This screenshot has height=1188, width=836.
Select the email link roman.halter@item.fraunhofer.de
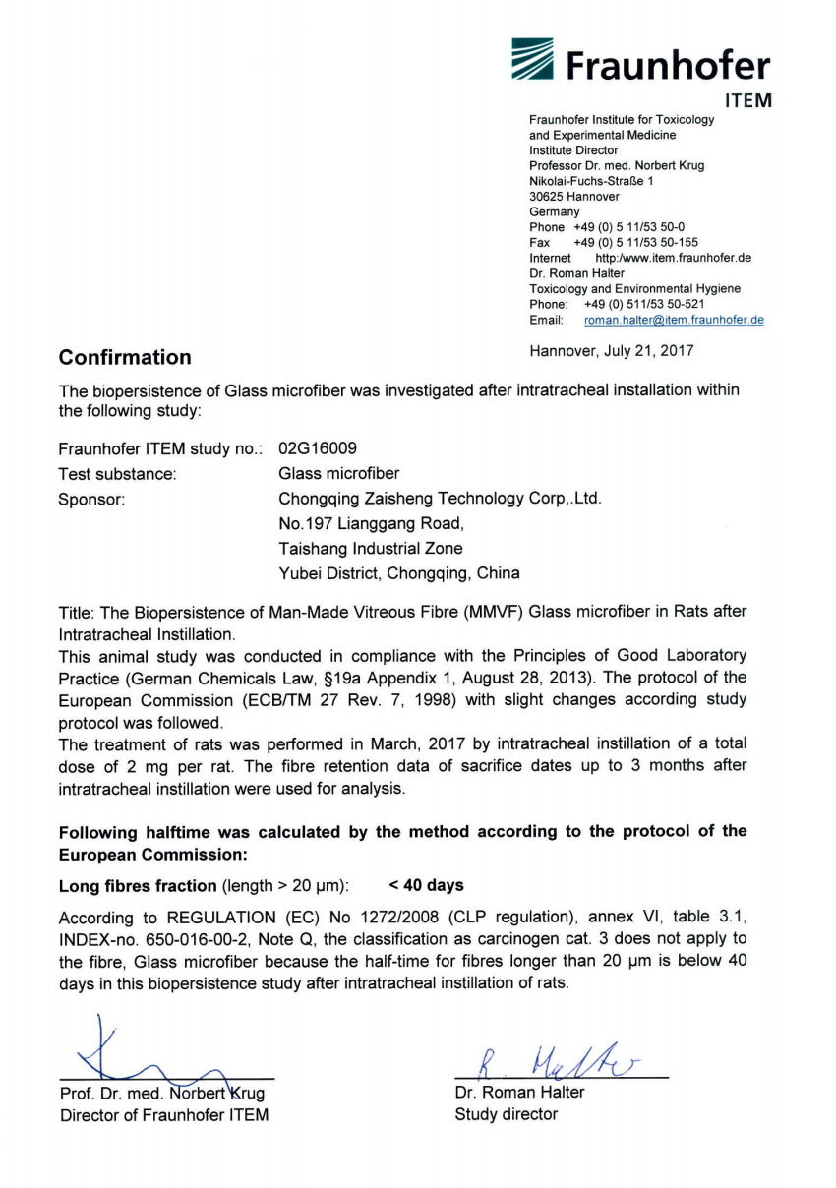(674, 320)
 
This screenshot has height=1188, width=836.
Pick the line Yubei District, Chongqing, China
(400, 572)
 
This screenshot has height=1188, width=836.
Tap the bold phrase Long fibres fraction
(139, 886)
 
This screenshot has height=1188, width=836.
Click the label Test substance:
(118, 474)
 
